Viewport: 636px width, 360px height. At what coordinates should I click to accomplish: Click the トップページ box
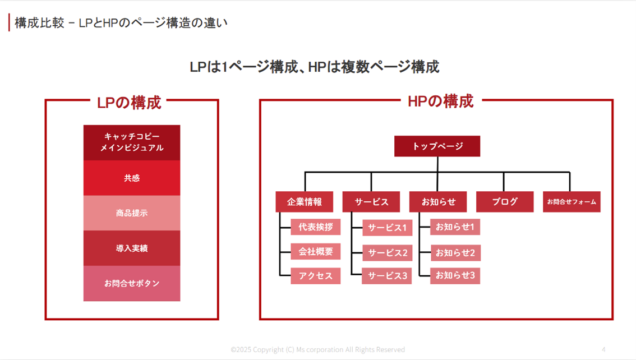[x=437, y=146]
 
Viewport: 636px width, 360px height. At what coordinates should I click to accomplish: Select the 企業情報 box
[x=305, y=202]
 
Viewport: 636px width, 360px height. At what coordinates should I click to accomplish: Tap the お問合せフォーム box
[x=572, y=202]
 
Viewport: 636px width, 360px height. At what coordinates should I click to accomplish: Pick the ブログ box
[x=505, y=202]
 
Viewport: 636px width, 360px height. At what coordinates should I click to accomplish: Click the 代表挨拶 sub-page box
[x=316, y=227]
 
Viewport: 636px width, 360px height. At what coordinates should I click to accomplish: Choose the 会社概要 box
[x=316, y=252]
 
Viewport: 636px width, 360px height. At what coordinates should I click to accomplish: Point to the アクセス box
[x=316, y=276]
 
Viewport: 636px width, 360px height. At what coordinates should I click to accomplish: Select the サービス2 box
[x=387, y=253]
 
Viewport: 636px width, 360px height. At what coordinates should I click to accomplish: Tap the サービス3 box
[x=387, y=276]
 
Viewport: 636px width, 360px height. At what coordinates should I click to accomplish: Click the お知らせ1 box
[x=455, y=227]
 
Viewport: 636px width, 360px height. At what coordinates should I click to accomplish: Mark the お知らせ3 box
[x=455, y=275]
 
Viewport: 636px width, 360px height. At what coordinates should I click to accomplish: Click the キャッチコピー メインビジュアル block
[x=132, y=142]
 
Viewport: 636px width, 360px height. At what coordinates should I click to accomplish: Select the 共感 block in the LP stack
[x=132, y=178]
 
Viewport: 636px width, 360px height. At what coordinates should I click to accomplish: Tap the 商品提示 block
[x=132, y=213]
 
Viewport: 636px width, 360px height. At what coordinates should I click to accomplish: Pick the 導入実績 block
[x=132, y=248]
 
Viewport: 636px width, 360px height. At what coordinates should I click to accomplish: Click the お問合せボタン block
[x=132, y=283]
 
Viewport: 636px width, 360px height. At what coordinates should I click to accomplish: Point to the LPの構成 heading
[x=129, y=103]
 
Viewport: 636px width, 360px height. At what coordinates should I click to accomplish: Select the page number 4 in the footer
[x=603, y=349]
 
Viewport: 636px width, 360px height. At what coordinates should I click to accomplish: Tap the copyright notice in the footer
[x=317, y=349]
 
